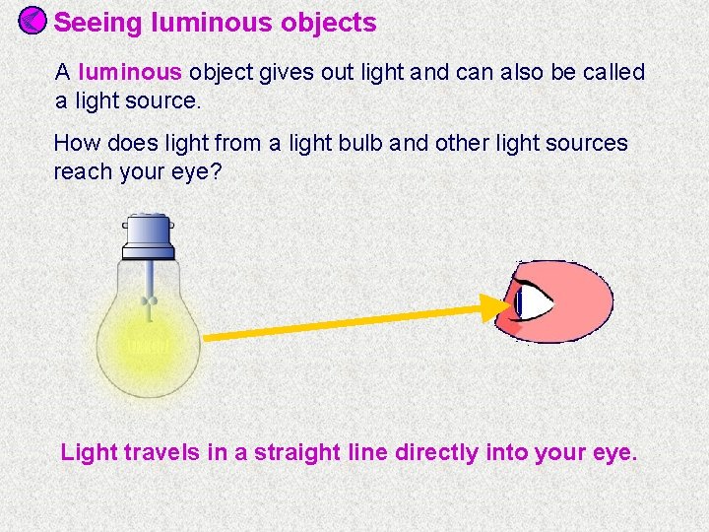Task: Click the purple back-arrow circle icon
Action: coord(32,21)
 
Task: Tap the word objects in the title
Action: coord(329,23)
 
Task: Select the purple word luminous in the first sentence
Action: coord(130,72)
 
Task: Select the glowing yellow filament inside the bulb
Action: coord(148,346)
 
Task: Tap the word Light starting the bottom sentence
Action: coord(89,453)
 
